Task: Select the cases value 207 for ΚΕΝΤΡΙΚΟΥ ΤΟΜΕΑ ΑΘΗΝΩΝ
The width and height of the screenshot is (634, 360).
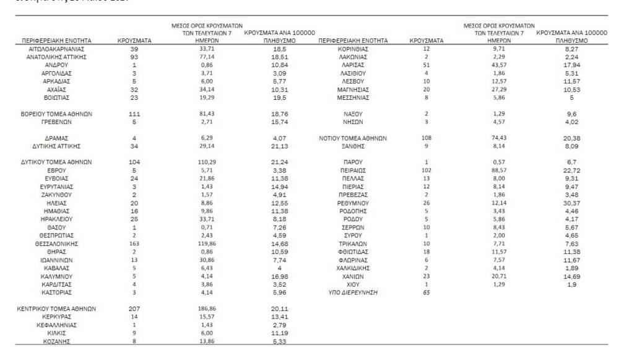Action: [134, 309]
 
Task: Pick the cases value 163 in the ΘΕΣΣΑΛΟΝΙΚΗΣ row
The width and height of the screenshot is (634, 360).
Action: [134, 244]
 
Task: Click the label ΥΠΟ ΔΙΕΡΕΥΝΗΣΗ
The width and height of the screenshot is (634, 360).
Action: [352, 292]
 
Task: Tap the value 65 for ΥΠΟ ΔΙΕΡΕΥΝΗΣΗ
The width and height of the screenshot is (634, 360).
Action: [427, 292]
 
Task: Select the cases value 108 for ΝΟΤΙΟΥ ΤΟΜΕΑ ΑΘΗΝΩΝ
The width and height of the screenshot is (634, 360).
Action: [427, 138]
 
